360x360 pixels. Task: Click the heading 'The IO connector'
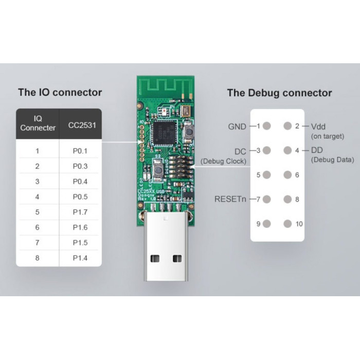[x=60, y=93]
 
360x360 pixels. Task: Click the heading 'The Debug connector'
[x=279, y=93]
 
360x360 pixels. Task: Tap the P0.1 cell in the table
[x=80, y=151]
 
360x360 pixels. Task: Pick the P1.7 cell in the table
[x=80, y=212]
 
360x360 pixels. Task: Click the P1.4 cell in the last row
[x=80, y=258]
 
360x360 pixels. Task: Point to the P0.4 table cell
[x=80, y=182]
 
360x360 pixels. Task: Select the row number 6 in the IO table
[x=37, y=227]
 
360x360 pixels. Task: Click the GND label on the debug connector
[x=238, y=126]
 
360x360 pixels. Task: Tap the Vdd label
[x=318, y=126]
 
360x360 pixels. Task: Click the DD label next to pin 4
[x=317, y=151]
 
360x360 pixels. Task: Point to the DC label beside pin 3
[x=240, y=151]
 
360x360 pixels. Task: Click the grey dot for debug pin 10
[x=286, y=224]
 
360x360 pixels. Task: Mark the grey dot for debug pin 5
[x=267, y=175]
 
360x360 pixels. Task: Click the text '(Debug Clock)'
[x=223, y=161]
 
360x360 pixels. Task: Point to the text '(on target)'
[x=328, y=136]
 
